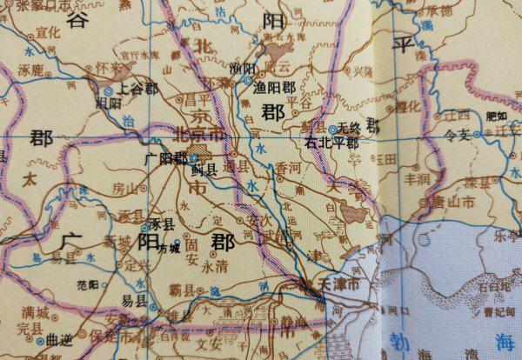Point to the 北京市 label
click(198, 135)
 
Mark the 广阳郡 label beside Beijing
click(167, 158)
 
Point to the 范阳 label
click(89, 283)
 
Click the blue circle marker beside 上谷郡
click(108, 89)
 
